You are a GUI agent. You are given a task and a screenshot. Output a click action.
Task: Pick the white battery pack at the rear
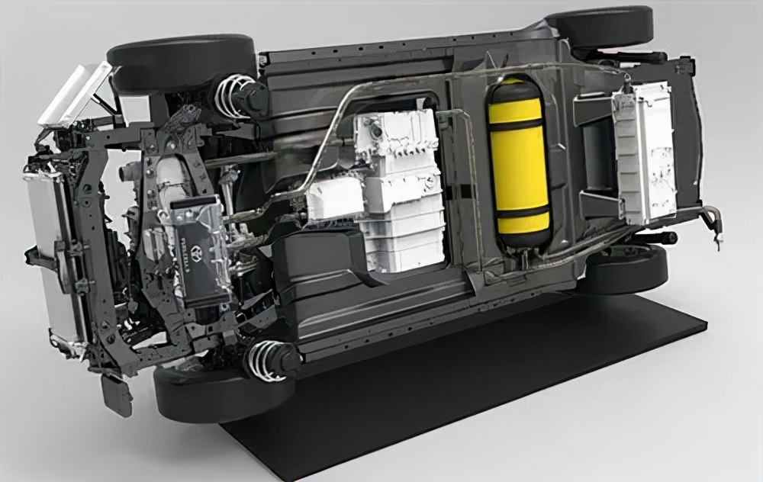(x=645, y=153)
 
